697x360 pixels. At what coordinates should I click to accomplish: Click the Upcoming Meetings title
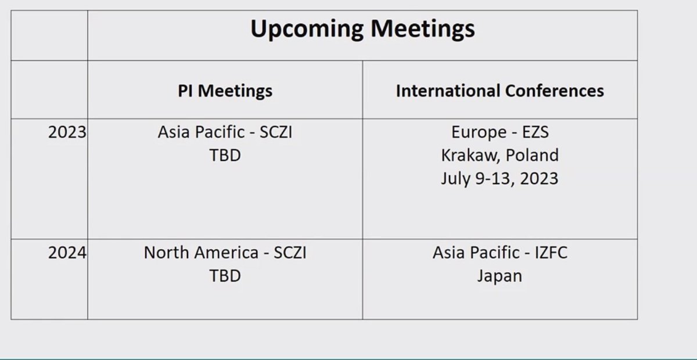[362, 29]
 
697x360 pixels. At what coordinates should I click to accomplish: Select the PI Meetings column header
[225, 91]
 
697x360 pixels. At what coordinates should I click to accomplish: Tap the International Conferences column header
[500, 91]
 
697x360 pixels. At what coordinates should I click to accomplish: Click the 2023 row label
[67, 132]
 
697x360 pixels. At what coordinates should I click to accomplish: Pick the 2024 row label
[67, 253]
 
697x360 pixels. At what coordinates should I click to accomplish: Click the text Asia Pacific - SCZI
[225, 132]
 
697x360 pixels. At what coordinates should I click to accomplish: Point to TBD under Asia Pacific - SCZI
[225, 155]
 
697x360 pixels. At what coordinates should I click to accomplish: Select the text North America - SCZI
[225, 253]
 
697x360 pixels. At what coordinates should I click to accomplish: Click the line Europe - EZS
[500, 132]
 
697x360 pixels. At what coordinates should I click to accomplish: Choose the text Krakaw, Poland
[500, 155]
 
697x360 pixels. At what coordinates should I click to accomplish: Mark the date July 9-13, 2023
[500, 178]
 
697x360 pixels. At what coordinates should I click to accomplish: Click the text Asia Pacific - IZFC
[500, 253]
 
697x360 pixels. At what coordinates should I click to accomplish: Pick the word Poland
[531, 155]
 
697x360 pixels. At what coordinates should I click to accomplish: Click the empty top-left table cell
[49, 35]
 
